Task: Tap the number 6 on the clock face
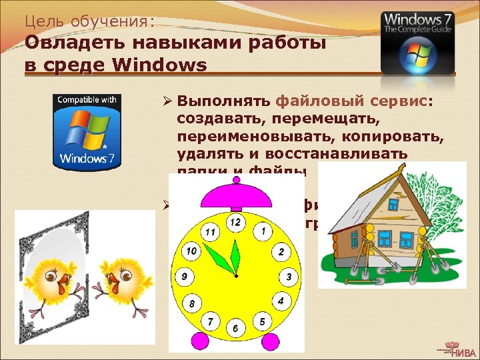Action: click(234, 329)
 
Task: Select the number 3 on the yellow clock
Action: click(288, 276)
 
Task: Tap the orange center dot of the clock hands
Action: click(235, 274)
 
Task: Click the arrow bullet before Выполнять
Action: click(168, 101)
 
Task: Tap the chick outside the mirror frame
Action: click(121, 279)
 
